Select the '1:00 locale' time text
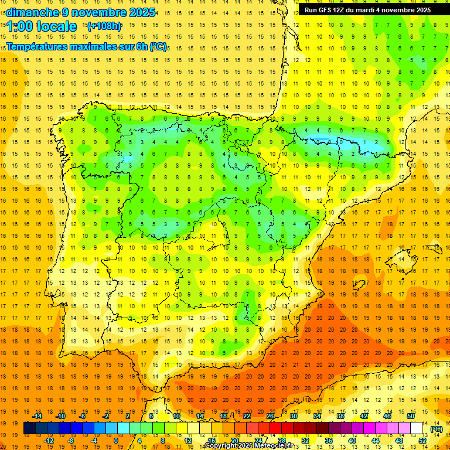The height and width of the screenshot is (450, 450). point(42,26)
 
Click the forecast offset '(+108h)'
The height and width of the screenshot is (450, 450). point(104,26)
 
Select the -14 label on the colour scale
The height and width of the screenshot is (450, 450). point(37,416)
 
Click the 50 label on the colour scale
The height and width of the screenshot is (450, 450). point(410,416)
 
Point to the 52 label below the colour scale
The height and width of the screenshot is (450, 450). point(422,440)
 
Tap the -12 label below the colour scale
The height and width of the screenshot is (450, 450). point(49,440)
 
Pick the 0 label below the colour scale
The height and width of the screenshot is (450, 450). point(115,440)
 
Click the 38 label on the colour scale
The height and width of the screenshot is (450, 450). point(340,416)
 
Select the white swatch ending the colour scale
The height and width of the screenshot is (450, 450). point(416,428)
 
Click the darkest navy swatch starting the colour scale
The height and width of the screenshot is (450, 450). point(29,428)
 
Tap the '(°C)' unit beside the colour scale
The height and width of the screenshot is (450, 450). point(436,429)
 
